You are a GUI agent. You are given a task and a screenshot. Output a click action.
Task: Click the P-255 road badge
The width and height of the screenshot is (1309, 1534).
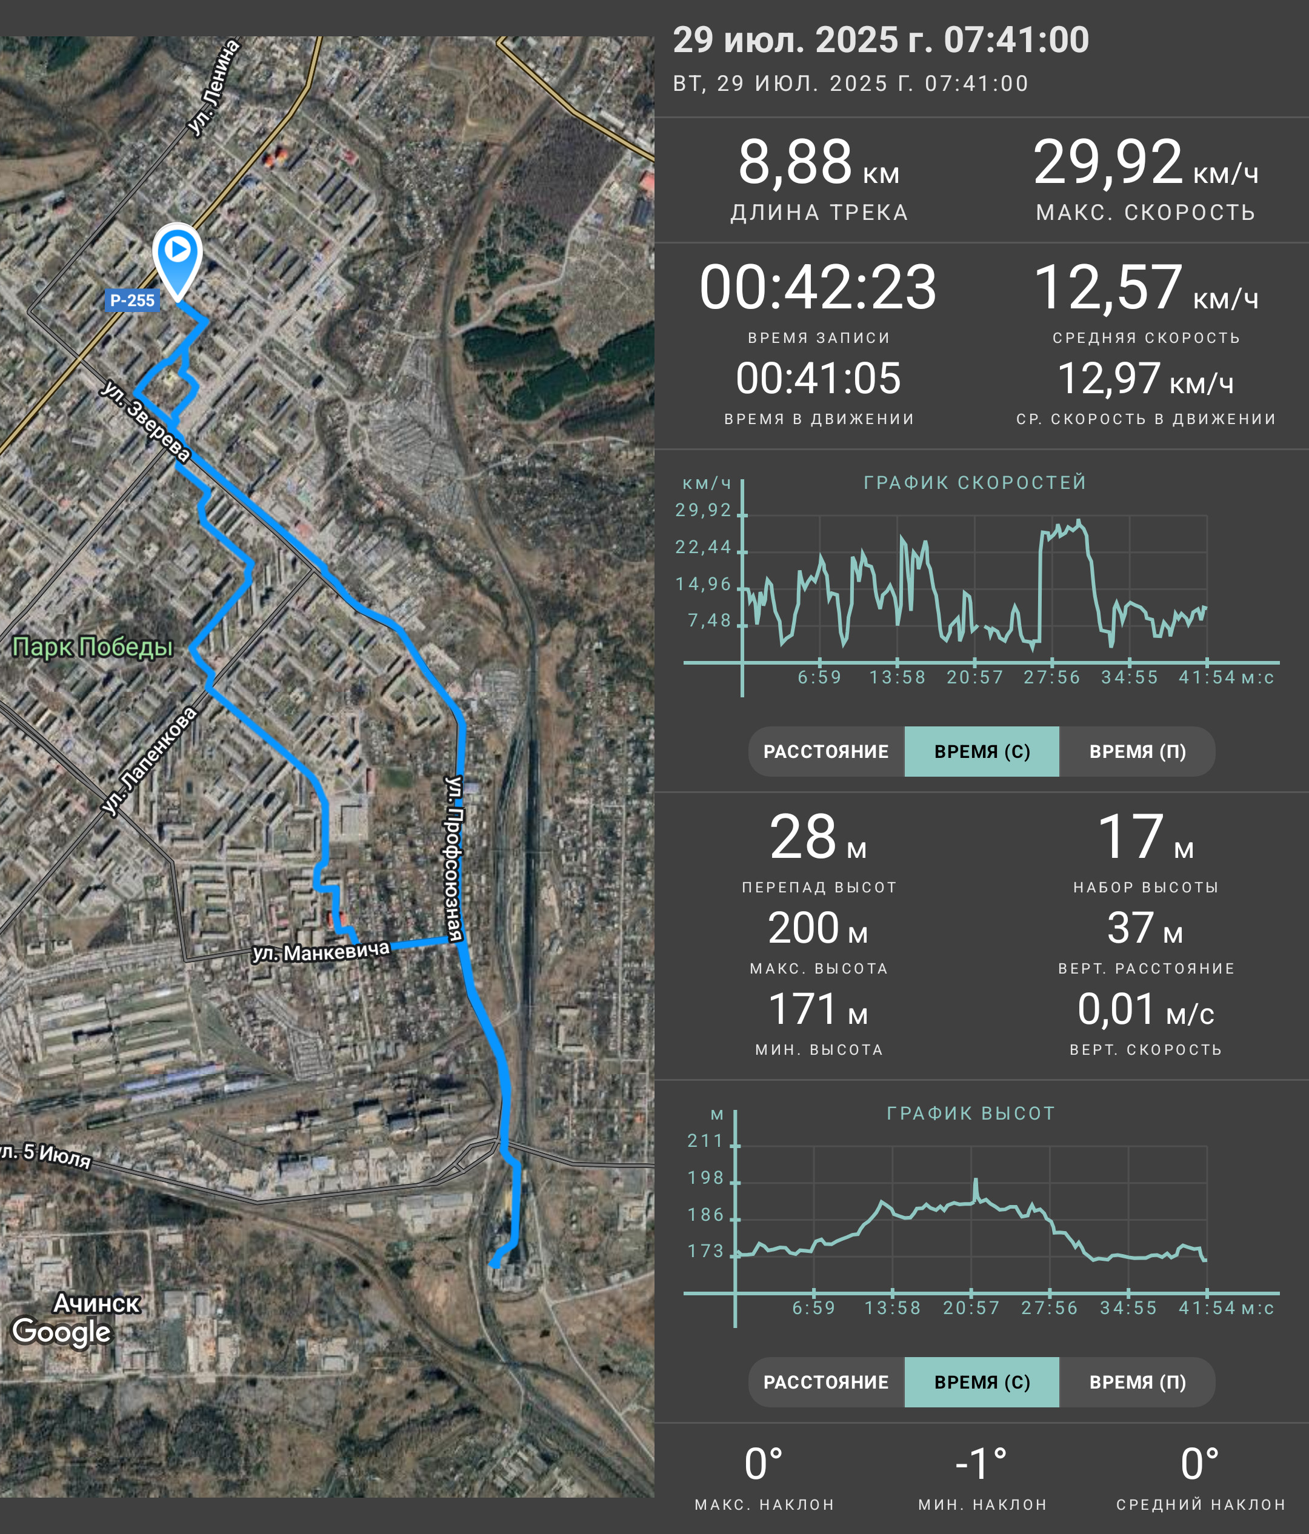coord(132,300)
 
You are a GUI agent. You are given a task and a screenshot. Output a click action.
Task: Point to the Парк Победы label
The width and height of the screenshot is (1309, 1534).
coord(93,647)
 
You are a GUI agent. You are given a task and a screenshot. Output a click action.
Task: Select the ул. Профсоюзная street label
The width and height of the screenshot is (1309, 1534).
coord(453,858)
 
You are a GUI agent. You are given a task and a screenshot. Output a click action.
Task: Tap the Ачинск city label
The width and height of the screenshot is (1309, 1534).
coord(97,1303)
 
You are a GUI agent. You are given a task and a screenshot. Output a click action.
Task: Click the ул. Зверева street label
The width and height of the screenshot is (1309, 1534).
coord(146,421)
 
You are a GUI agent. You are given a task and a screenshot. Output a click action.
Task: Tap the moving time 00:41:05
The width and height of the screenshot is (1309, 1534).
coord(818,378)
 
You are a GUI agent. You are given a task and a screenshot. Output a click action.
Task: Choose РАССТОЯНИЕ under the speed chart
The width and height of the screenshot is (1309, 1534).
coord(826,751)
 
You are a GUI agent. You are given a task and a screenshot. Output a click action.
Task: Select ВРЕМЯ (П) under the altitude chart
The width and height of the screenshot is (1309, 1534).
coord(1137,1382)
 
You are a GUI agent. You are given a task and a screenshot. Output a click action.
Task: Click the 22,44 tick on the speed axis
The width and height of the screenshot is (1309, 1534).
coord(702,547)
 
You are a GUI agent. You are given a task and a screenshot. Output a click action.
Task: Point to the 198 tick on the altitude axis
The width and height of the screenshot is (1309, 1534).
coord(705,1178)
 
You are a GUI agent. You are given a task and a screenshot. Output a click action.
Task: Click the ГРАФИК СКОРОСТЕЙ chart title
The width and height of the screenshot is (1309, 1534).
coord(974,483)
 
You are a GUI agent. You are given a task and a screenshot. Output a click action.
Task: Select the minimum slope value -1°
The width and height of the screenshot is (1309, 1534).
coord(981,1464)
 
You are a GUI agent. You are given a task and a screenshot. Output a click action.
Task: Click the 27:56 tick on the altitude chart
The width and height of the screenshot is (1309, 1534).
coord(1049,1308)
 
